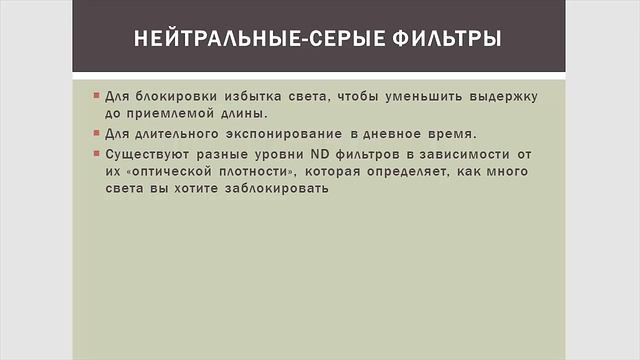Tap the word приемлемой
pyautogui.click(x=172, y=114)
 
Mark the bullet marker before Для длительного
pyautogui.click(x=96, y=134)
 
